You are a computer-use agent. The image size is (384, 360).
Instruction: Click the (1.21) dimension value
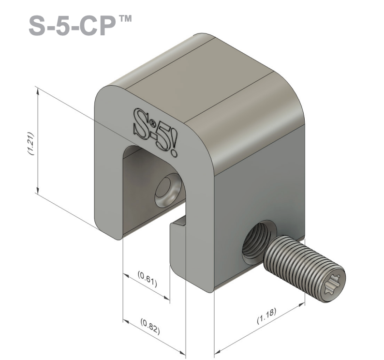point(30,143)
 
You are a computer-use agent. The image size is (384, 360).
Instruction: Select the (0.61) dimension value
point(148,279)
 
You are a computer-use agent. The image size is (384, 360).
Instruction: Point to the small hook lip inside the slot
point(178,224)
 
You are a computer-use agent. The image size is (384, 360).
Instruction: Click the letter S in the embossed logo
point(139,120)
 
